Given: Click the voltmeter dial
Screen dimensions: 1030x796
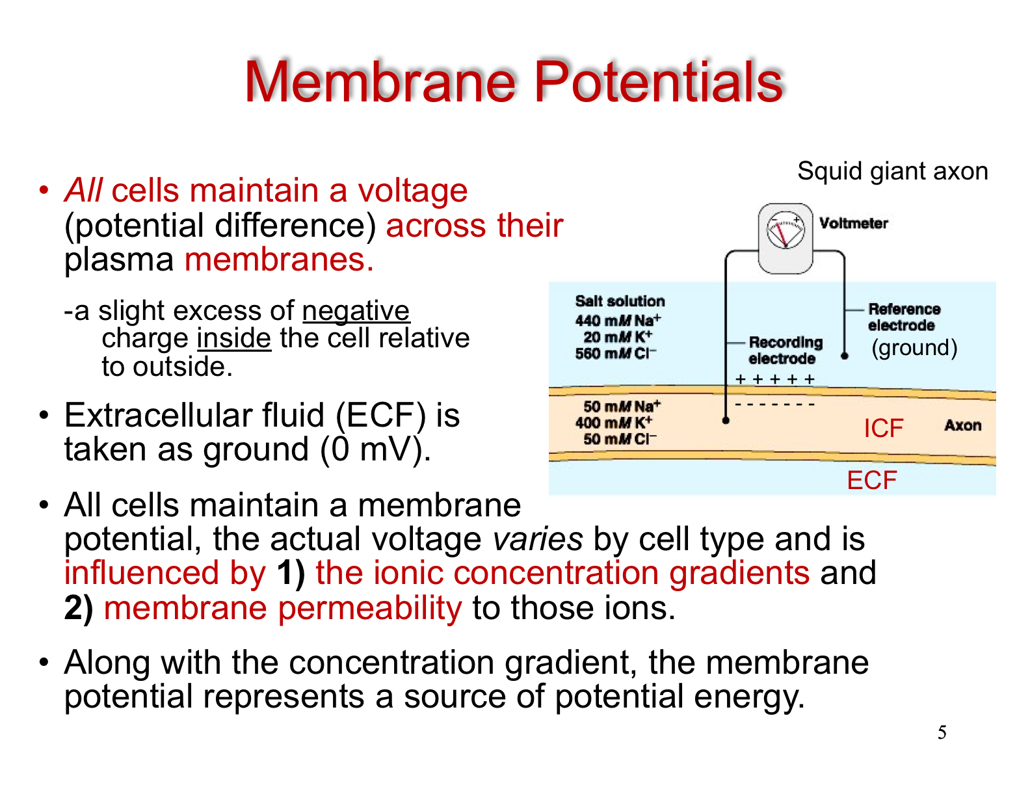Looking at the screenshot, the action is click(786, 230).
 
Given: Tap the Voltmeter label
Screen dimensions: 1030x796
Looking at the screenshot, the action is click(853, 223).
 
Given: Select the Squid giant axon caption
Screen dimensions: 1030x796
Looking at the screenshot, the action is click(893, 170).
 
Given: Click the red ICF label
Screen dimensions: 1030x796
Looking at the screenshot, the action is click(884, 428).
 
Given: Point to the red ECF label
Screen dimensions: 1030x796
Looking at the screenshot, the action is click(872, 480).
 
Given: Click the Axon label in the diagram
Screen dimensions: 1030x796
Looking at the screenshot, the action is click(962, 425).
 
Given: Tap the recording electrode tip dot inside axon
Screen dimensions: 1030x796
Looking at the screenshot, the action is click(725, 420).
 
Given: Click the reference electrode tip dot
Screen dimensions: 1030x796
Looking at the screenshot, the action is click(844, 356).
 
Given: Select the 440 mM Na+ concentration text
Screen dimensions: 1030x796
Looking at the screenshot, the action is click(618, 320).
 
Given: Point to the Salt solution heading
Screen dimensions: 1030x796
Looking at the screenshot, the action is click(620, 300).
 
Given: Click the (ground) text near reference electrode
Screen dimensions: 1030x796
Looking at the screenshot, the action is click(914, 347).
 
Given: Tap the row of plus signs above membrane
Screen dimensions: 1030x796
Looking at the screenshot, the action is click(774, 379).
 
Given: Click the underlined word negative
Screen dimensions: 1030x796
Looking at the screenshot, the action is click(356, 310).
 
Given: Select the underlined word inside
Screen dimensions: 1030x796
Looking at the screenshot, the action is click(234, 338).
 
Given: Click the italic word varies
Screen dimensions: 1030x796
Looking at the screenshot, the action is click(538, 539).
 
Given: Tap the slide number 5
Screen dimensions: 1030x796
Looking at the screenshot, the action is click(942, 732).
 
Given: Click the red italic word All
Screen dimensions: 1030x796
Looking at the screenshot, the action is click(83, 190).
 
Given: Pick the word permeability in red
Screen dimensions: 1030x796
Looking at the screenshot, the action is click(369, 608).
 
